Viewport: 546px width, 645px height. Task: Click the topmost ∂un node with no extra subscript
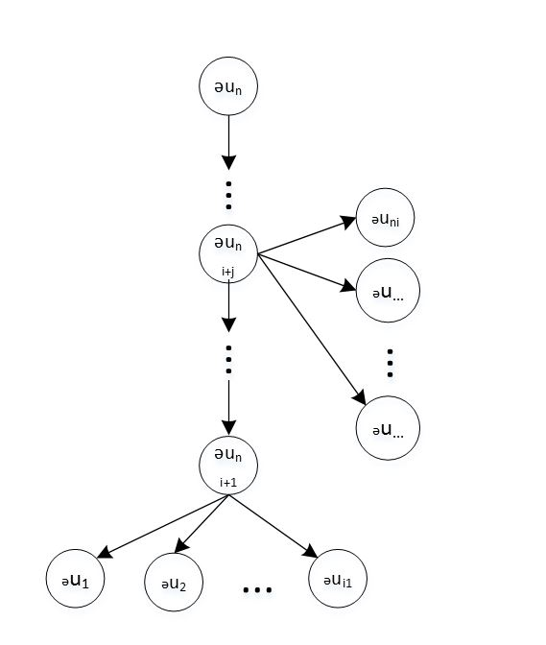(x=228, y=86)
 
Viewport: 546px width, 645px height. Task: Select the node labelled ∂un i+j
(x=228, y=253)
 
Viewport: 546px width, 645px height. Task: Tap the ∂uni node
(x=385, y=218)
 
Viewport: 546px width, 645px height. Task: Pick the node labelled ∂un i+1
(x=228, y=466)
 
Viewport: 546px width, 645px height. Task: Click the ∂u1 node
(x=75, y=579)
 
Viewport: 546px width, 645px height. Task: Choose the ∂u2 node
(x=174, y=582)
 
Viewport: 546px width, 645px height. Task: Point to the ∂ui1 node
(x=338, y=579)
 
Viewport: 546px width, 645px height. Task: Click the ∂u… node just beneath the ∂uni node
(x=388, y=291)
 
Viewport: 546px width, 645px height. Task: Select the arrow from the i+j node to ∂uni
(x=307, y=235)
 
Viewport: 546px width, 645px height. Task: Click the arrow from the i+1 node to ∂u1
(x=162, y=527)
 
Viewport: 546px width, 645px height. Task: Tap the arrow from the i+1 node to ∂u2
(x=202, y=524)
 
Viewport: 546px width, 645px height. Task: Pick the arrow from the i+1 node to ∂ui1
(x=273, y=527)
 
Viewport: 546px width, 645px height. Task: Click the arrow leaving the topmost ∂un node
(x=228, y=142)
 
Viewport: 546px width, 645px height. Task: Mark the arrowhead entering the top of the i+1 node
(x=228, y=428)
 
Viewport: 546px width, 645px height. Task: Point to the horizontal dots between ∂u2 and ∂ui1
(x=257, y=590)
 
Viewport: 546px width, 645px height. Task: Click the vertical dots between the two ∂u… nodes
(x=390, y=363)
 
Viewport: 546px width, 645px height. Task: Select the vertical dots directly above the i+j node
(x=228, y=196)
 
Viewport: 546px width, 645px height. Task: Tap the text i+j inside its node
(x=228, y=272)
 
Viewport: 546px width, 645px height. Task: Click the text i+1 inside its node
(x=228, y=483)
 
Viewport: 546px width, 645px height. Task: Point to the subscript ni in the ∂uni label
(x=394, y=223)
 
